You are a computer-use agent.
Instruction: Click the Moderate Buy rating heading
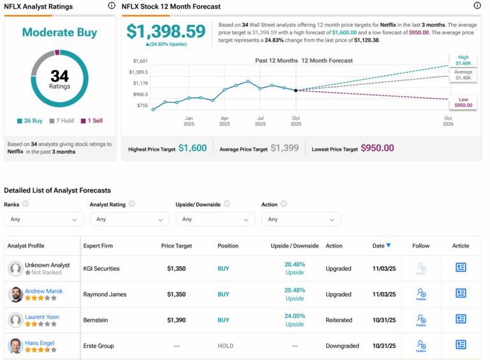(x=59, y=33)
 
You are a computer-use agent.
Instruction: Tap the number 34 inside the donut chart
(x=59, y=77)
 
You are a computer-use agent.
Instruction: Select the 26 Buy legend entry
(x=31, y=121)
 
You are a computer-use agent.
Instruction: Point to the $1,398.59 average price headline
(x=166, y=31)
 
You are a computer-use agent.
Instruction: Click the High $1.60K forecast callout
(x=463, y=61)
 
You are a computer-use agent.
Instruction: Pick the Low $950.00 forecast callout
(x=463, y=102)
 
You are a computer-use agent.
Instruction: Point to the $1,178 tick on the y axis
(x=140, y=83)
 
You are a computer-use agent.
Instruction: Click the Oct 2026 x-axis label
(x=448, y=121)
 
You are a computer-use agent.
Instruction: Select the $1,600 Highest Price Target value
(x=192, y=148)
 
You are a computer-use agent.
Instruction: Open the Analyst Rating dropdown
(x=130, y=220)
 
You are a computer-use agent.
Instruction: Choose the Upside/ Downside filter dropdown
(x=215, y=220)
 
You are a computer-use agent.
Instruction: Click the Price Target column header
(x=177, y=246)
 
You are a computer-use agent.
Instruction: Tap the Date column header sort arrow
(x=389, y=246)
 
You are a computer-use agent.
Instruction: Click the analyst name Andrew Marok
(x=44, y=291)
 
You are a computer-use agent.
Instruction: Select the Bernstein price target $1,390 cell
(x=177, y=320)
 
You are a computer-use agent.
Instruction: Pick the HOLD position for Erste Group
(x=226, y=346)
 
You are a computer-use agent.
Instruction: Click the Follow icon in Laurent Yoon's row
(x=421, y=319)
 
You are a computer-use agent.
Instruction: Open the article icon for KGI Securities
(x=461, y=268)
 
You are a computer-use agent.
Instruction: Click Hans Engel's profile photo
(x=15, y=346)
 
